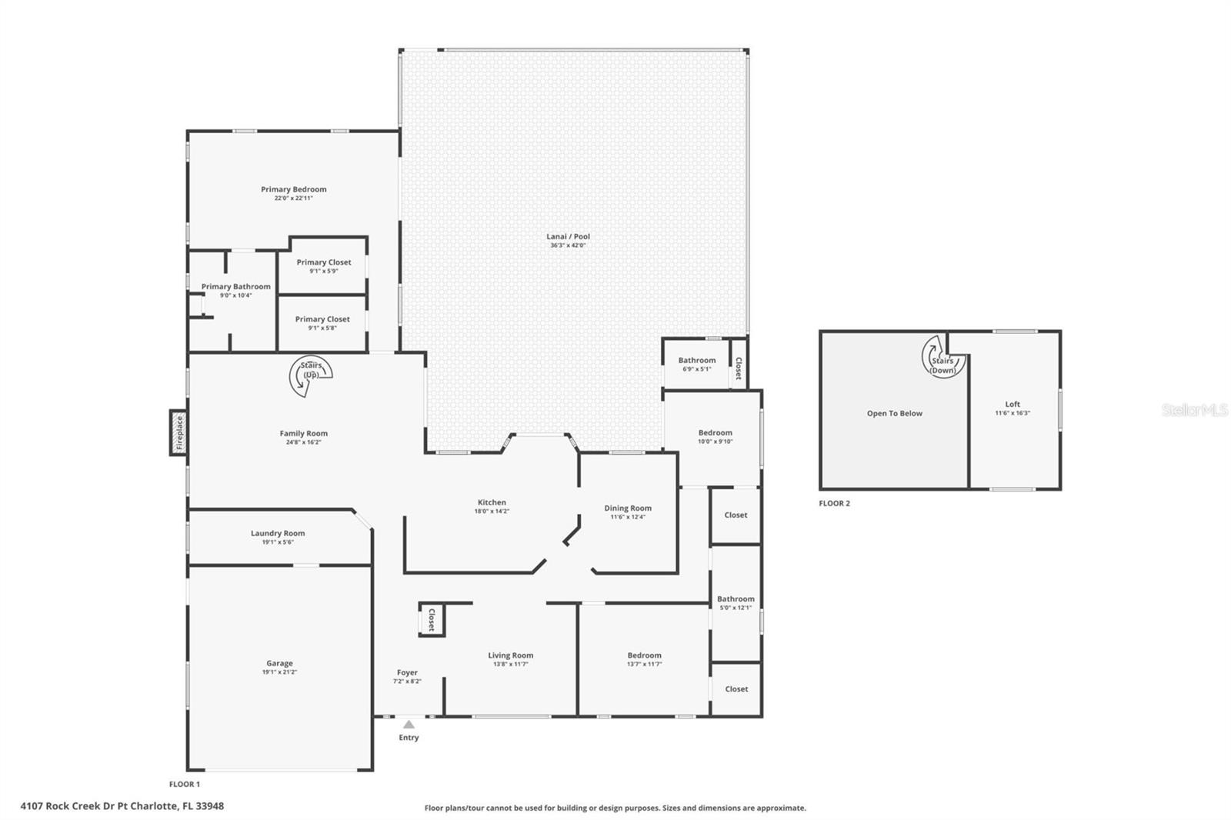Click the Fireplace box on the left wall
(178, 432)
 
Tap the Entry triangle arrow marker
(409, 725)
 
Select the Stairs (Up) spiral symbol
(310, 375)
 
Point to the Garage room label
(279, 663)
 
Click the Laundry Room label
(278, 533)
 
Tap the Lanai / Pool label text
(569, 237)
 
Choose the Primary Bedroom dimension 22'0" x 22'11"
(294, 198)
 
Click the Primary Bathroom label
(236, 286)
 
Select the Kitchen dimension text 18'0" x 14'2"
(492, 511)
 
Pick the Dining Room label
(628, 508)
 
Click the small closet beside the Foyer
(431, 619)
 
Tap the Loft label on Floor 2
(1012, 404)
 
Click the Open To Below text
(894, 413)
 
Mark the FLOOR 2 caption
(834, 503)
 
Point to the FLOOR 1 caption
(185, 784)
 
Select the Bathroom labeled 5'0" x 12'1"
(736, 599)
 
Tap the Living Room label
(510, 655)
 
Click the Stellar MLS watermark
(1194, 410)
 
